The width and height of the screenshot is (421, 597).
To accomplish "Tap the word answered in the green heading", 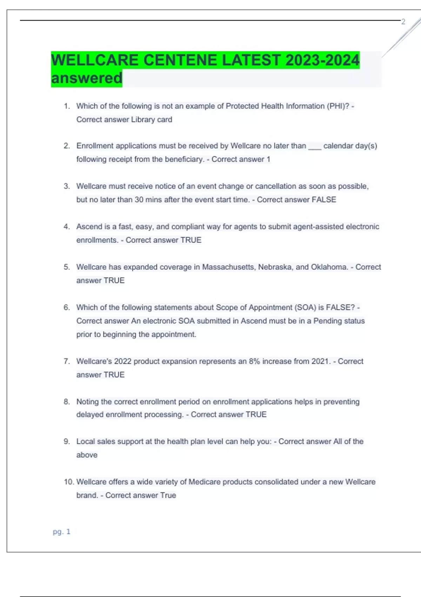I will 87,78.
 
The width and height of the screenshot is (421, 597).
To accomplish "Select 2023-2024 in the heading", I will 322,60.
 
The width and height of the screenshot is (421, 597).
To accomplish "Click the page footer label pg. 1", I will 61,532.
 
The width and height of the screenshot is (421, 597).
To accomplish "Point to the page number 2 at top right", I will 403,22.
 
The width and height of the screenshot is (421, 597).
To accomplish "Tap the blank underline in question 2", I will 315,146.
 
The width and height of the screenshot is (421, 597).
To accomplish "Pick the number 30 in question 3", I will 139,200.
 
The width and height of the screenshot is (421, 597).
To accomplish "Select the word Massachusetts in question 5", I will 229,267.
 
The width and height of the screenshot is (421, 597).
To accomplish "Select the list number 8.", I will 67,402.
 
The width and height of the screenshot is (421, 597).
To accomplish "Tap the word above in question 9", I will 87,455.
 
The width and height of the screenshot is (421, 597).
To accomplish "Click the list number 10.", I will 69,482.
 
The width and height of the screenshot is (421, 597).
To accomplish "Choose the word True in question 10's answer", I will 168,496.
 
